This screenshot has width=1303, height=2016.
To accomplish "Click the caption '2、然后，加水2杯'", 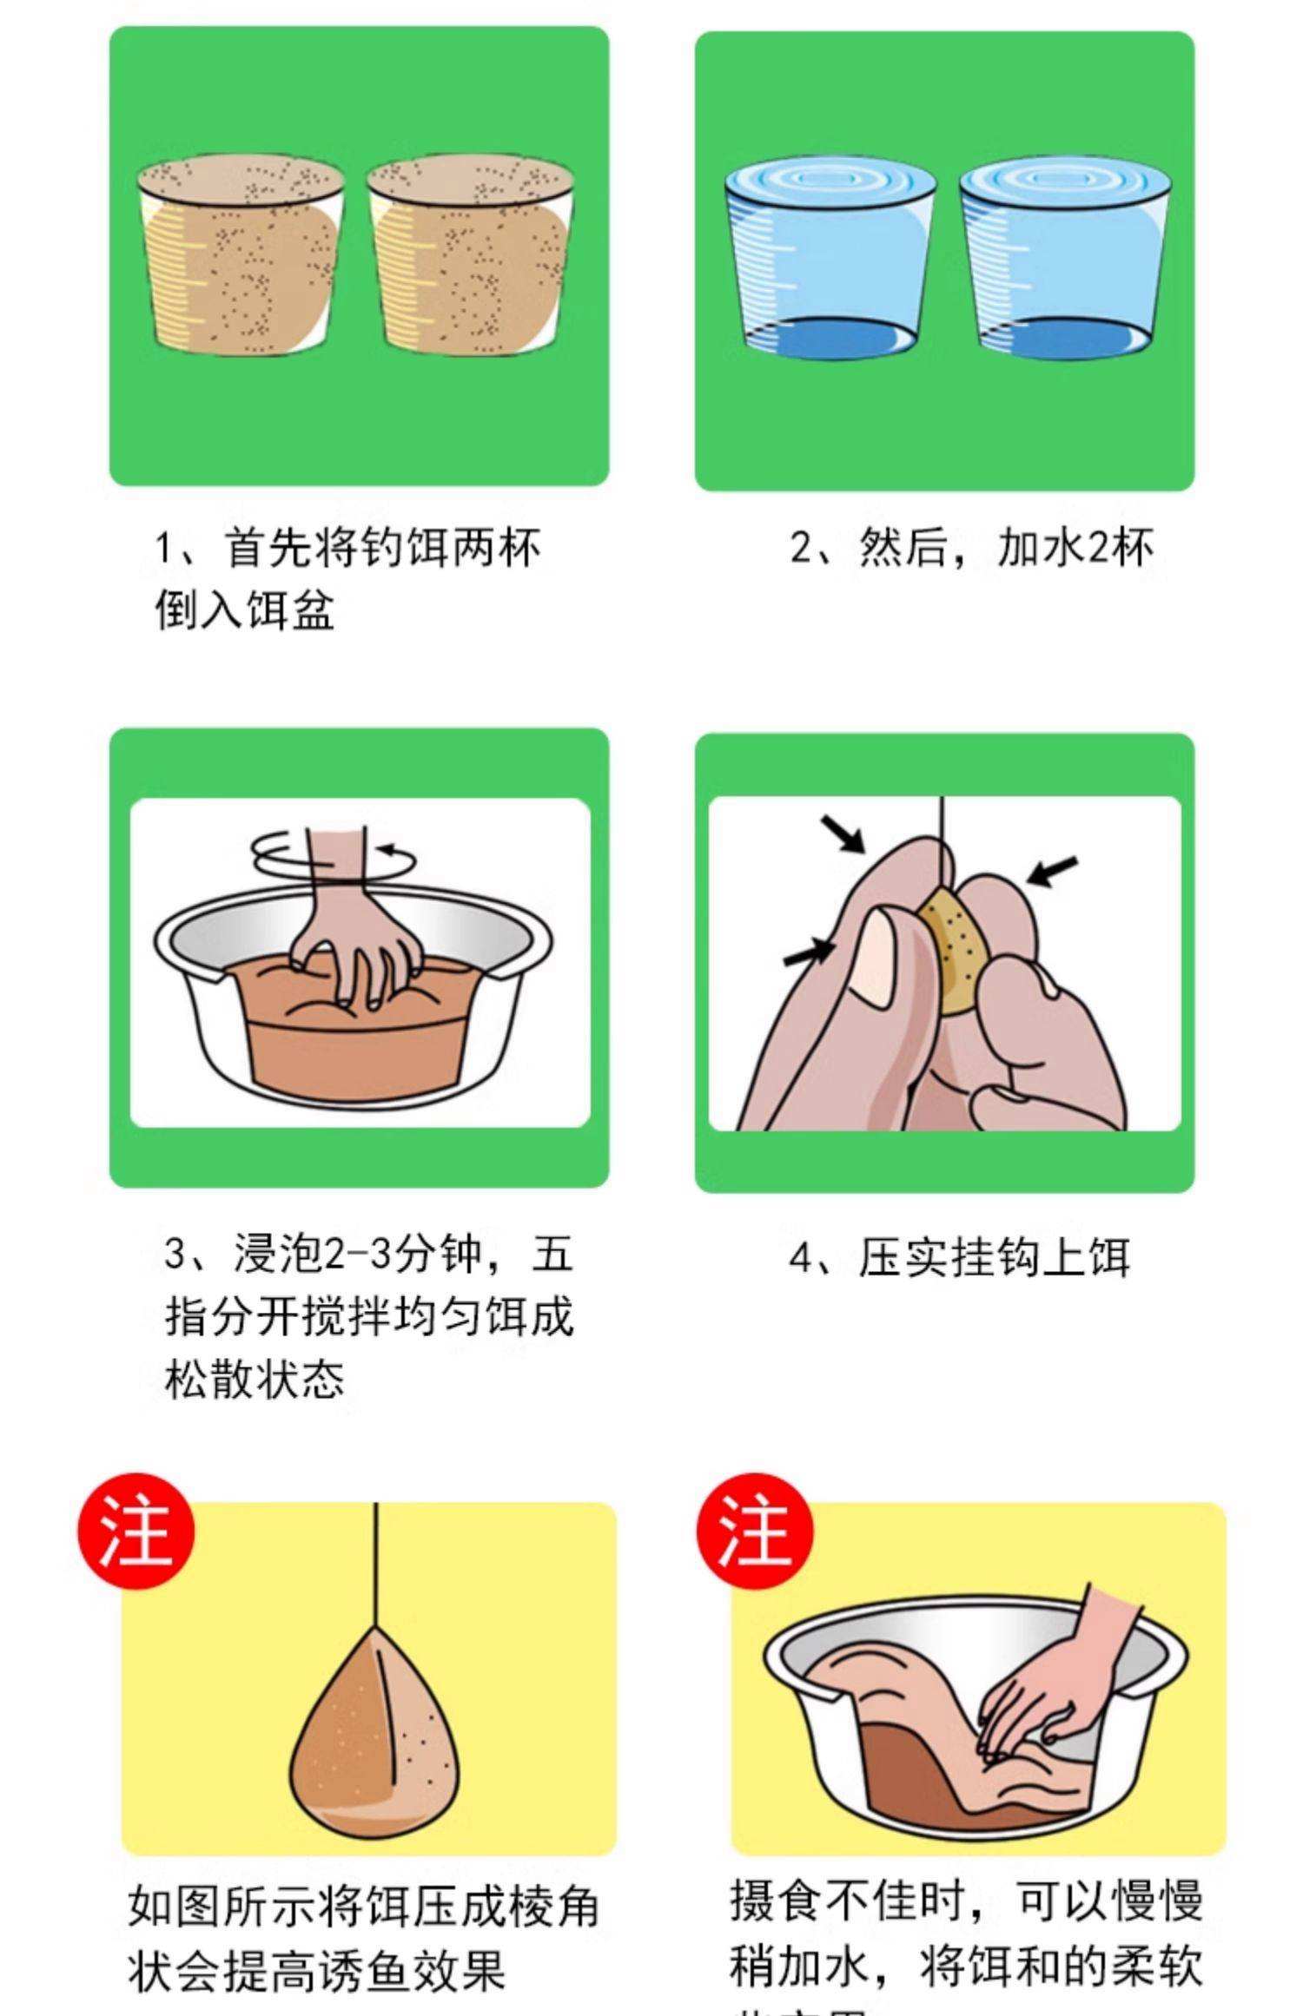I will pyautogui.click(x=971, y=549).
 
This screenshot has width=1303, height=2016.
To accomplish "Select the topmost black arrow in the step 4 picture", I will pyautogui.click(x=843, y=833).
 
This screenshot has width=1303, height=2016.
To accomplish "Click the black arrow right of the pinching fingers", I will pyautogui.click(x=1052, y=871).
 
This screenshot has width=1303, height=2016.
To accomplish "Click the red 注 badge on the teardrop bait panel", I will pyautogui.click(x=136, y=1532).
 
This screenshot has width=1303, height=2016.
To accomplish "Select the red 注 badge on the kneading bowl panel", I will pyautogui.click(x=755, y=1532).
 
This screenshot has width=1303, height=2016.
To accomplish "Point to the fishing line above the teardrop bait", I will pyautogui.click(x=376, y=1563).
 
